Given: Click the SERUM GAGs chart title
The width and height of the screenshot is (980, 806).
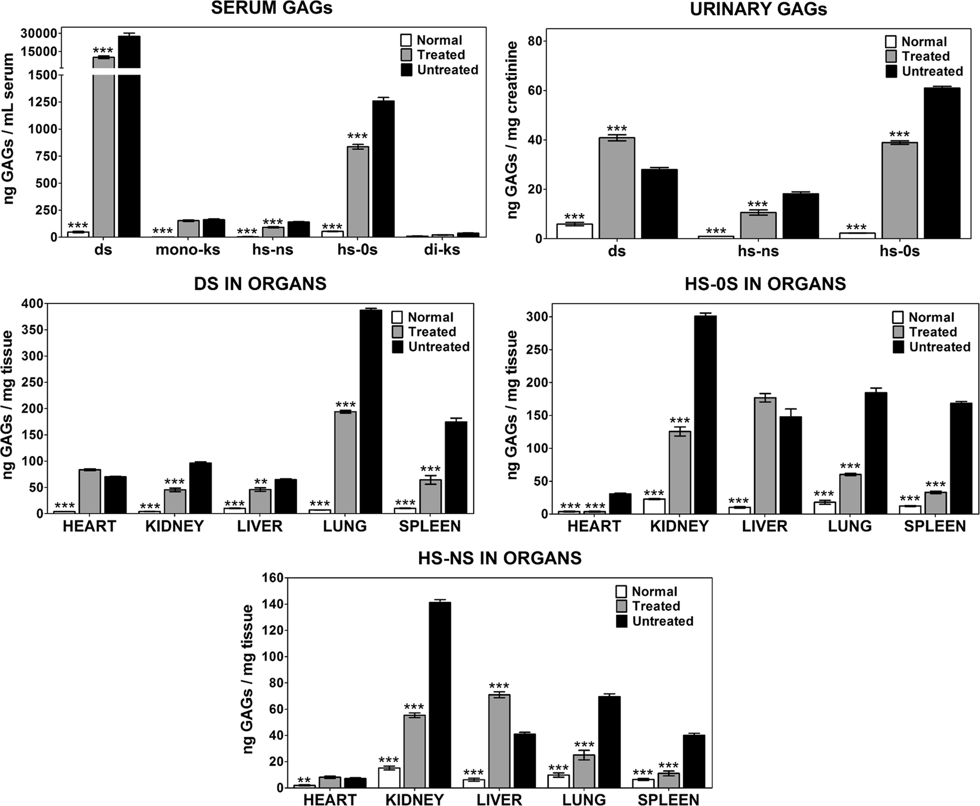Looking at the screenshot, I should [x=271, y=8].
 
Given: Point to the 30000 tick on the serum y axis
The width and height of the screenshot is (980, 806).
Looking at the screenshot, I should [x=38, y=33].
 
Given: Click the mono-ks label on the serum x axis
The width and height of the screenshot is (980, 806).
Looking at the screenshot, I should [x=188, y=249].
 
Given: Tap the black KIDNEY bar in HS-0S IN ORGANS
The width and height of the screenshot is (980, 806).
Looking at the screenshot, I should [x=705, y=414].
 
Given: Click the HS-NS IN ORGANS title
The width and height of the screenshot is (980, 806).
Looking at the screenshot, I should [x=499, y=558].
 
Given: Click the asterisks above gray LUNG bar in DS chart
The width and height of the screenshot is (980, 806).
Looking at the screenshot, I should [x=345, y=404].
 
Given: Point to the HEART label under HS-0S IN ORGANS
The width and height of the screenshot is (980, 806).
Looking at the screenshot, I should [x=593, y=526].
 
